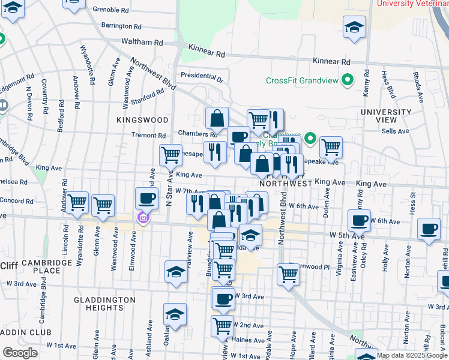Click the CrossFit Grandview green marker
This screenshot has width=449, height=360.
(347, 80)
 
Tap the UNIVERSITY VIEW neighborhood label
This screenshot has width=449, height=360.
(386, 116)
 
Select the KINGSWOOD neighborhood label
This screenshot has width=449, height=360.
(143, 120)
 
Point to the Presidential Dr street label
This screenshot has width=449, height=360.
(202, 77)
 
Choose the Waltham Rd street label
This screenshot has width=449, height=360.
(142, 43)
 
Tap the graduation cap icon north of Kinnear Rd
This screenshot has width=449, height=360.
(355, 26)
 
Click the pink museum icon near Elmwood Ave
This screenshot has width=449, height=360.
(143, 217)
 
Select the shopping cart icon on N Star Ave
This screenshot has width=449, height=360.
(170, 154)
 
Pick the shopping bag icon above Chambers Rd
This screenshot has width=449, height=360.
(217, 118)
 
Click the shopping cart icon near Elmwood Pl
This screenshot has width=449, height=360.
(288, 274)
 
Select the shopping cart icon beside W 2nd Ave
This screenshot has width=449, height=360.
(222, 326)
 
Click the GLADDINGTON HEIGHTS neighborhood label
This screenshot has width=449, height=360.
(100, 303)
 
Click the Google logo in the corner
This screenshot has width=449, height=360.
(20, 353)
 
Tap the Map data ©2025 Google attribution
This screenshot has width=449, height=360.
(412, 355)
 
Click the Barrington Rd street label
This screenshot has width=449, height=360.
(121, 26)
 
